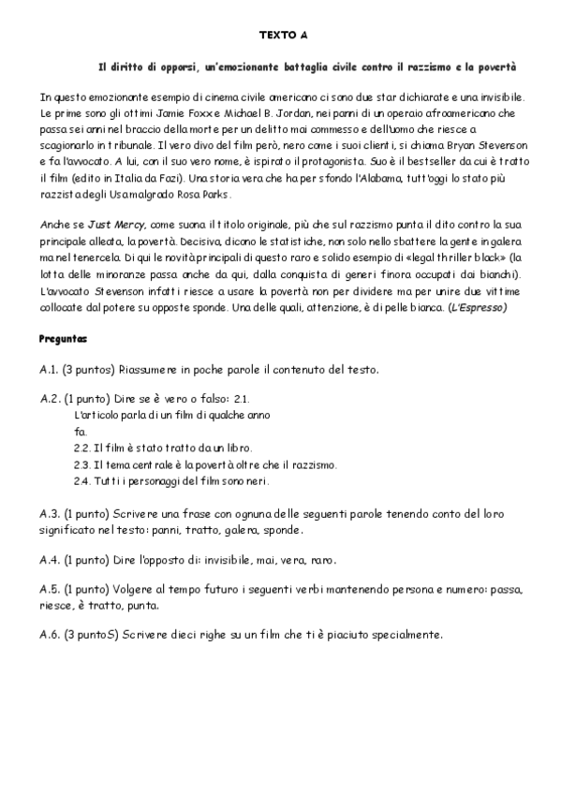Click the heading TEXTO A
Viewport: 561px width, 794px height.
point(282,36)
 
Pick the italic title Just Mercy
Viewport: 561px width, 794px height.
point(110,226)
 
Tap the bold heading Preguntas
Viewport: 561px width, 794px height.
point(64,337)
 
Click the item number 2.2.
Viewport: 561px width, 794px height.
point(81,448)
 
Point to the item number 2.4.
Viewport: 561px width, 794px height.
point(81,481)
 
